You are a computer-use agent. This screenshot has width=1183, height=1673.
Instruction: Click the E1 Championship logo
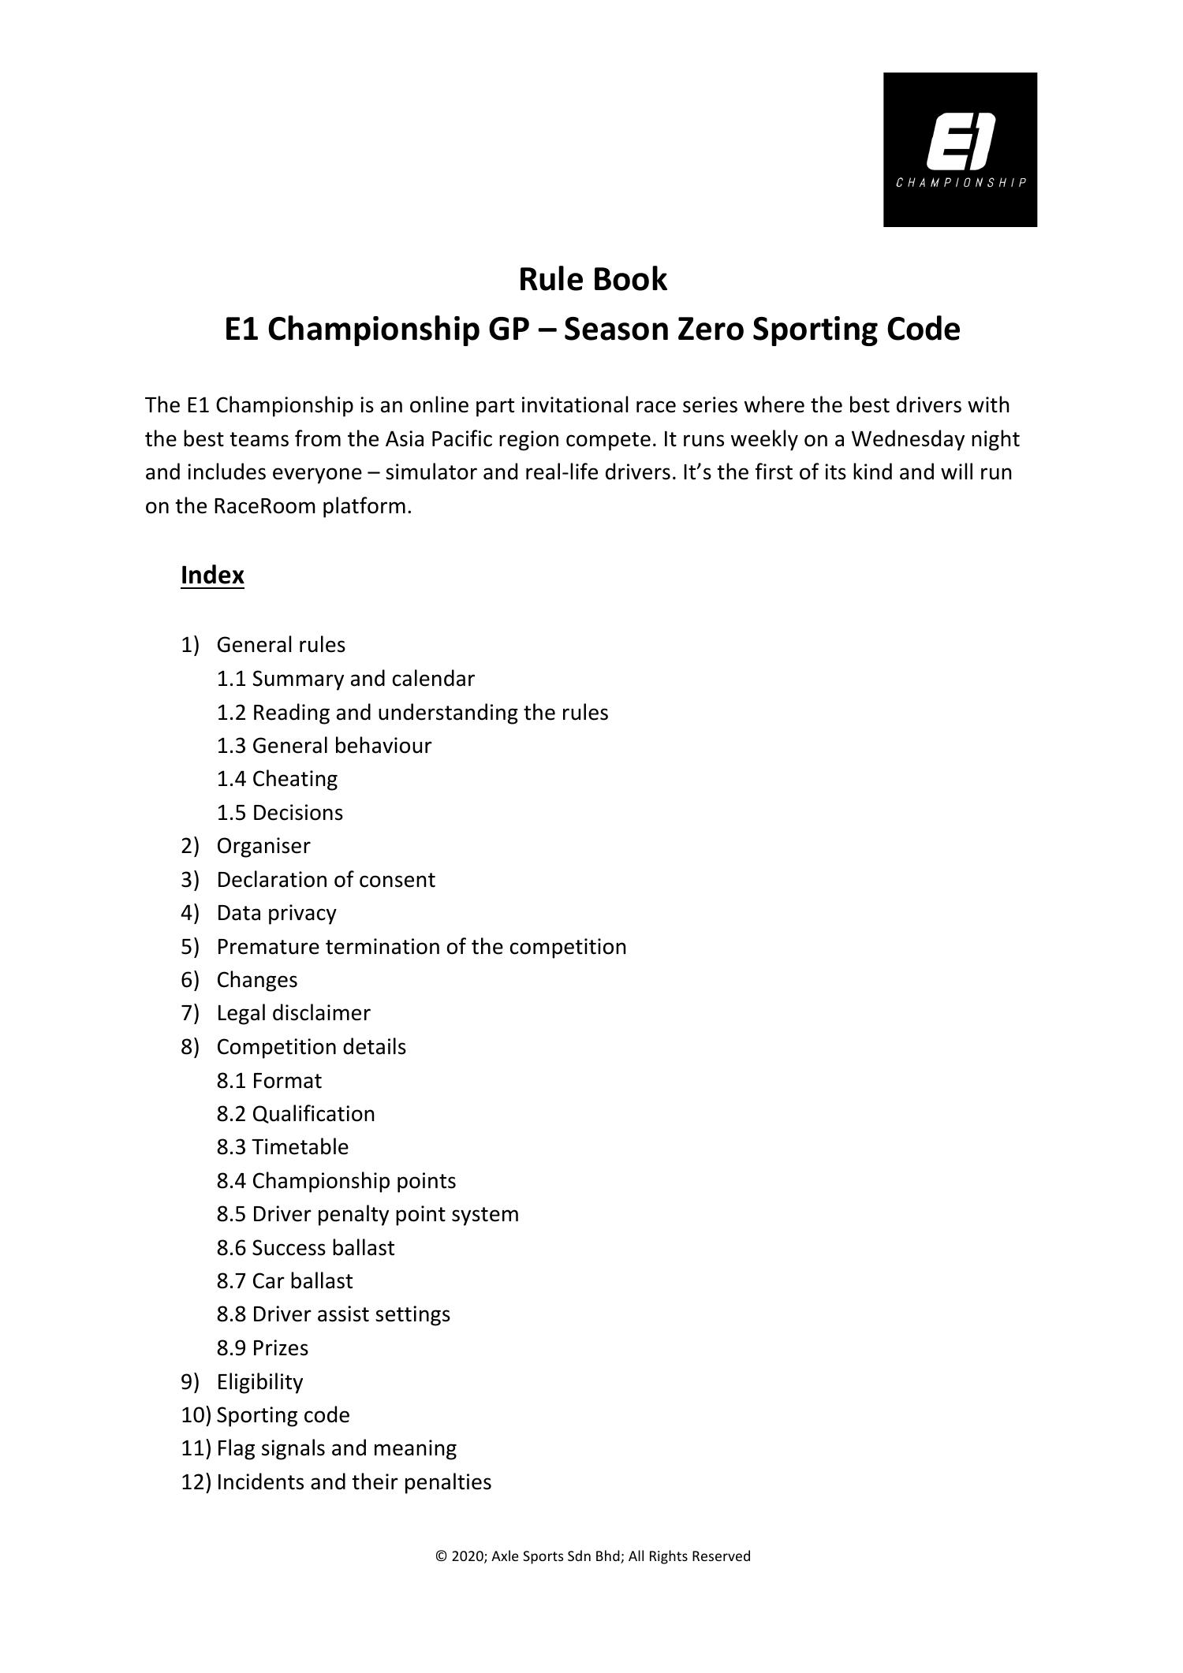(x=960, y=150)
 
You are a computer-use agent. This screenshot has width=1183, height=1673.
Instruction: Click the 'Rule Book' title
(x=592, y=279)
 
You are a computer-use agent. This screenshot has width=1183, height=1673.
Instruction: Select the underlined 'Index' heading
(x=212, y=575)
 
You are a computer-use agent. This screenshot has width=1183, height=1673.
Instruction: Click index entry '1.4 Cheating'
(x=277, y=779)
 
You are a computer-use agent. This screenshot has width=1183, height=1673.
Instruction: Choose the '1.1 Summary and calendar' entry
(x=345, y=679)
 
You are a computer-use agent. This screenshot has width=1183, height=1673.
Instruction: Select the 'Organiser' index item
(x=263, y=846)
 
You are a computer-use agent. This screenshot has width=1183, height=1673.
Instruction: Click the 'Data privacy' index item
(x=276, y=913)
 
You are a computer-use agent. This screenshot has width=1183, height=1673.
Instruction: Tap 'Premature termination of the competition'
(x=421, y=946)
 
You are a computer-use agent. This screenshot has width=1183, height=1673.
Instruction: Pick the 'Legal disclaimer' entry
(x=293, y=1013)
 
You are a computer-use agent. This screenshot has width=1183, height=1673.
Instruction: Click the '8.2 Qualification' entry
(x=296, y=1113)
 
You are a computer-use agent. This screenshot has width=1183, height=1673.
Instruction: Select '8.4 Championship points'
(x=336, y=1180)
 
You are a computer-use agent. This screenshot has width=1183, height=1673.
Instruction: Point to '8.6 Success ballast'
(x=305, y=1247)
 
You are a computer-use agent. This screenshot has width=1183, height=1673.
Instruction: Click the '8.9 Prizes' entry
(x=263, y=1347)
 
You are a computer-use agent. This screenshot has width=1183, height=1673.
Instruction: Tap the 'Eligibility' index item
(x=259, y=1381)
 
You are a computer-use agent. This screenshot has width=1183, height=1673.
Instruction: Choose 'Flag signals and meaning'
(x=336, y=1448)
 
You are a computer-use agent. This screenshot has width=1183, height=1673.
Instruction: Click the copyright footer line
(x=592, y=1556)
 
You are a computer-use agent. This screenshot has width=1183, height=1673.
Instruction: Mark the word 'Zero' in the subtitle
(x=707, y=330)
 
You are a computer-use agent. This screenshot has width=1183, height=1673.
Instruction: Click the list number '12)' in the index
(x=196, y=1481)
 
